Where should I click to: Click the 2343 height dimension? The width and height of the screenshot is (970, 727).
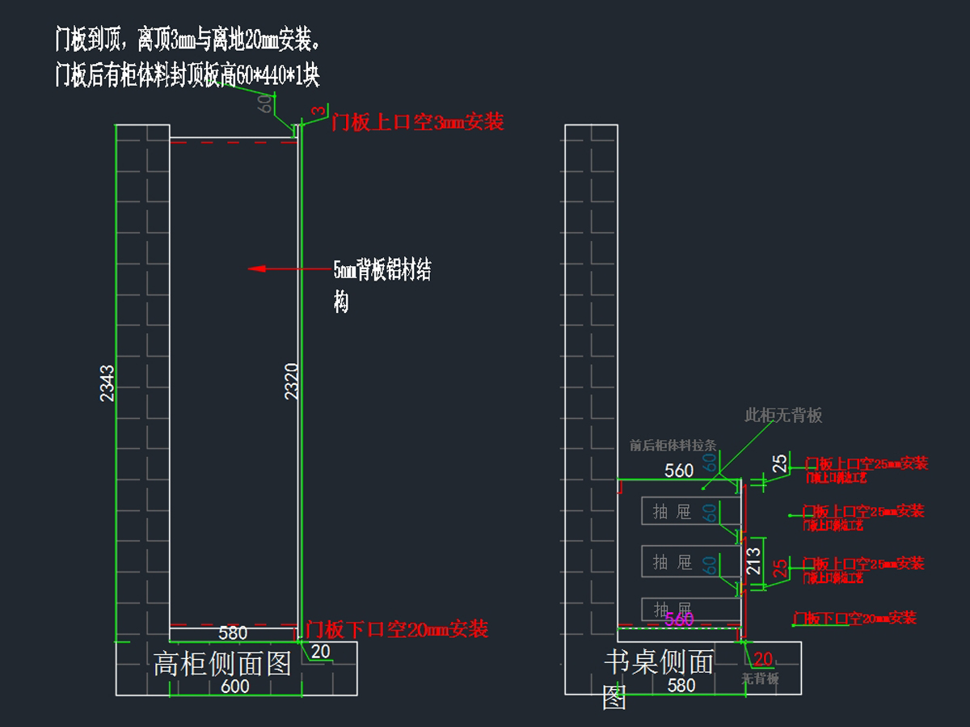coord(107,383)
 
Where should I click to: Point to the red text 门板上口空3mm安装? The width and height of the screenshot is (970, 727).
coord(418,122)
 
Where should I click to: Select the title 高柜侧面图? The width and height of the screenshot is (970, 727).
coord(222,664)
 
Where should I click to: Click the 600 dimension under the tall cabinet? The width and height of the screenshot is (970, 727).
coord(234,687)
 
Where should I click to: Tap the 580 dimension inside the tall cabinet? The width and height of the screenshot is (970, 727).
coord(233,632)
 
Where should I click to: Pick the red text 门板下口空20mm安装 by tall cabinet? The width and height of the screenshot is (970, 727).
coord(397,629)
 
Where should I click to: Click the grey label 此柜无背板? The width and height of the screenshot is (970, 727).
coord(783,416)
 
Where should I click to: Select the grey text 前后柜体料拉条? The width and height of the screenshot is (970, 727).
coord(673,445)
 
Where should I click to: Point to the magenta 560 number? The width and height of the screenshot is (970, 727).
coord(679,619)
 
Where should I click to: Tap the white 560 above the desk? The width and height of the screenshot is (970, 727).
coord(679,471)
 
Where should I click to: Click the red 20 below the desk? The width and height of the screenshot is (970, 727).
coord(763,659)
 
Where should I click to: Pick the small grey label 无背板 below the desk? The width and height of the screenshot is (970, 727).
coord(761,679)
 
